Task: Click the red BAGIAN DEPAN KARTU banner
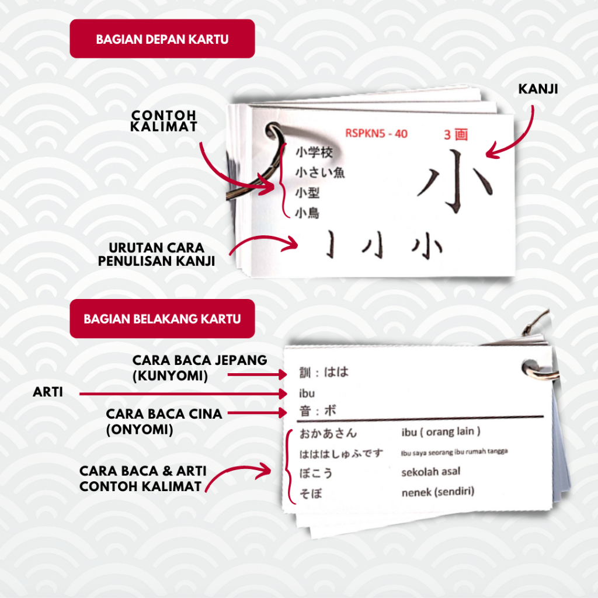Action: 162,39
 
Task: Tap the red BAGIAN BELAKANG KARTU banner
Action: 162,319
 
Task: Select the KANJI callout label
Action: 538,89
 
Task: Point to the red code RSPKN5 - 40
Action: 376,133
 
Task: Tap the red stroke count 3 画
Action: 456,134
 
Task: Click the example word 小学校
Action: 314,153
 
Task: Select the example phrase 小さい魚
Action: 319,172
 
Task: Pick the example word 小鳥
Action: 307,213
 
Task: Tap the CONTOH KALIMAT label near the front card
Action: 163,120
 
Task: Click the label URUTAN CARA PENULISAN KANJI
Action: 156,254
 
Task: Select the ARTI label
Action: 48,392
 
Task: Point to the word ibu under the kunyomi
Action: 307,393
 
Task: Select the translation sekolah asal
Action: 430,472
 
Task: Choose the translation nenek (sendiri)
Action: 438,492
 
